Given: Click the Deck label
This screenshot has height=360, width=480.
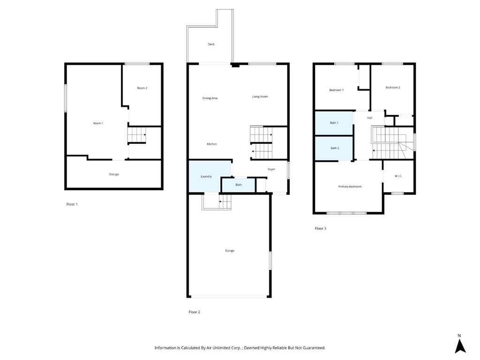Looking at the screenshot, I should (211, 45).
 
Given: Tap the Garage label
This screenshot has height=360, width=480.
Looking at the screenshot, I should (229, 251).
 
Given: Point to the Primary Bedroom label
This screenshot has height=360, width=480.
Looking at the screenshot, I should (350, 187).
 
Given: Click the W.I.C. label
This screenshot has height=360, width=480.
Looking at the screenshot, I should (398, 176).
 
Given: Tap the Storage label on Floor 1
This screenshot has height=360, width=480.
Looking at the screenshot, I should (114, 174).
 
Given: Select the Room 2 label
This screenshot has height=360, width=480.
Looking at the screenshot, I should (142, 88).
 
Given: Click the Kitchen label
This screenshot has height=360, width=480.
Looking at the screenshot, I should (211, 144).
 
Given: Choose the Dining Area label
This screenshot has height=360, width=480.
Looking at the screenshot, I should (210, 98).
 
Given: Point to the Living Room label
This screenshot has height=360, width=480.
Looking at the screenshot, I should (260, 97).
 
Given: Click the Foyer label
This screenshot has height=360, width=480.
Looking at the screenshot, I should (271, 169).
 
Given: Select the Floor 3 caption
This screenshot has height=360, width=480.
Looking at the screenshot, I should (320, 228).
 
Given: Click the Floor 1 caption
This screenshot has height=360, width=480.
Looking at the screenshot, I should (72, 204).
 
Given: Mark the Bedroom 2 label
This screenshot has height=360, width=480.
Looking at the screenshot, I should (393, 88).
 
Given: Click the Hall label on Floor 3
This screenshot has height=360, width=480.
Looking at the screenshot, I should (369, 118).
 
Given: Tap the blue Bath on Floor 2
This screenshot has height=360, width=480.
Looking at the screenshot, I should (238, 185).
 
